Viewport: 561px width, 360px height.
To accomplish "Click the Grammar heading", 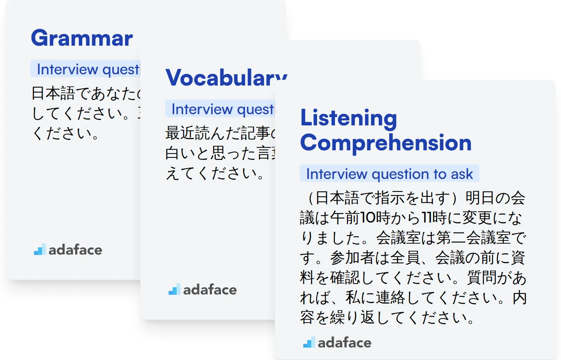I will pyautogui.click(x=82, y=38).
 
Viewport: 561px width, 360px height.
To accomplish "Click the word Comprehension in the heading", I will pyautogui.click(x=386, y=142).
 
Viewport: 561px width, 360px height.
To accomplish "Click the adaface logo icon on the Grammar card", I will pyautogui.click(x=39, y=249).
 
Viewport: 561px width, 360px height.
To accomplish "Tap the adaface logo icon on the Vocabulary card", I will pyautogui.click(x=174, y=289).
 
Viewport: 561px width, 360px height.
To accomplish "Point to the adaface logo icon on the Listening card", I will pyautogui.click(x=309, y=342).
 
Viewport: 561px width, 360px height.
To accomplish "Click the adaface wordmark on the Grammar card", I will pyautogui.click(x=75, y=250).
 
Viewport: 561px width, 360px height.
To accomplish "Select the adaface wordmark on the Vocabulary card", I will pyautogui.click(x=210, y=290).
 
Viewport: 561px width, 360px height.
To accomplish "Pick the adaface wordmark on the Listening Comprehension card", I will pyautogui.click(x=344, y=343).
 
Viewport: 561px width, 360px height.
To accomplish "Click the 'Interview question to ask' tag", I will pyautogui.click(x=389, y=174).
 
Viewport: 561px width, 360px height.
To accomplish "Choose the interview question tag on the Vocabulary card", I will pyautogui.click(x=222, y=109).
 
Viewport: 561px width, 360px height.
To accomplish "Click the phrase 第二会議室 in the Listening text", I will pyautogui.click(x=470, y=238).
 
